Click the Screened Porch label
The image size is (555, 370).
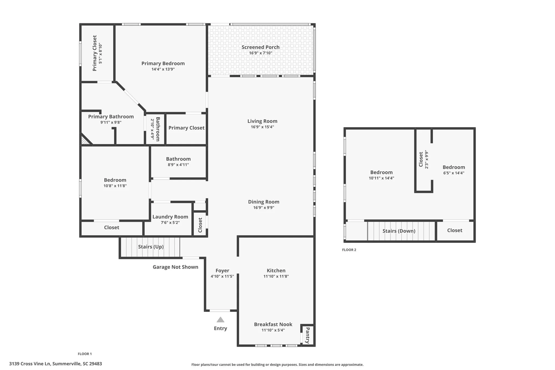(x=260, y=47)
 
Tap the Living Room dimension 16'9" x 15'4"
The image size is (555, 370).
(x=262, y=127)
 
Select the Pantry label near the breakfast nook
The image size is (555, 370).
(x=307, y=335)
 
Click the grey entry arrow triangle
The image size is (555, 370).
(x=220, y=320)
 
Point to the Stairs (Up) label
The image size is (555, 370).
(x=151, y=247)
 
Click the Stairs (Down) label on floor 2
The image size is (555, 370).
(x=399, y=231)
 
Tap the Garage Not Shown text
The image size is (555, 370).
(x=175, y=267)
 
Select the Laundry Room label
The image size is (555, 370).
(x=170, y=217)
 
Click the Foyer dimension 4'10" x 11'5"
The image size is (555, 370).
(x=222, y=276)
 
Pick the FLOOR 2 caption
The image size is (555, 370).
(x=349, y=250)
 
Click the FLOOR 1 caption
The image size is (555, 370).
(x=85, y=354)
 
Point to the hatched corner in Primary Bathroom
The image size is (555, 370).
(x=85, y=140)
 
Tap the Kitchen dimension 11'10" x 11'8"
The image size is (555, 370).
(x=276, y=276)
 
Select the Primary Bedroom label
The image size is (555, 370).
(x=163, y=63)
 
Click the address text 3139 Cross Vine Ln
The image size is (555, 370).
(x=56, y=364)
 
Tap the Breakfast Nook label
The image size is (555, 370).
(x=273, y=324)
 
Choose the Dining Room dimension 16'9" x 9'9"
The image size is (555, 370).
(x=264, y=208)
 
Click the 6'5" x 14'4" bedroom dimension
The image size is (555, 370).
(x=454, y=173)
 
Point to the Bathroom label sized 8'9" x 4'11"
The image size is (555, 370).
(x=178, y=159)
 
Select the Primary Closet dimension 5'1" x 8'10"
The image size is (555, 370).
(x=100, y=53)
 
